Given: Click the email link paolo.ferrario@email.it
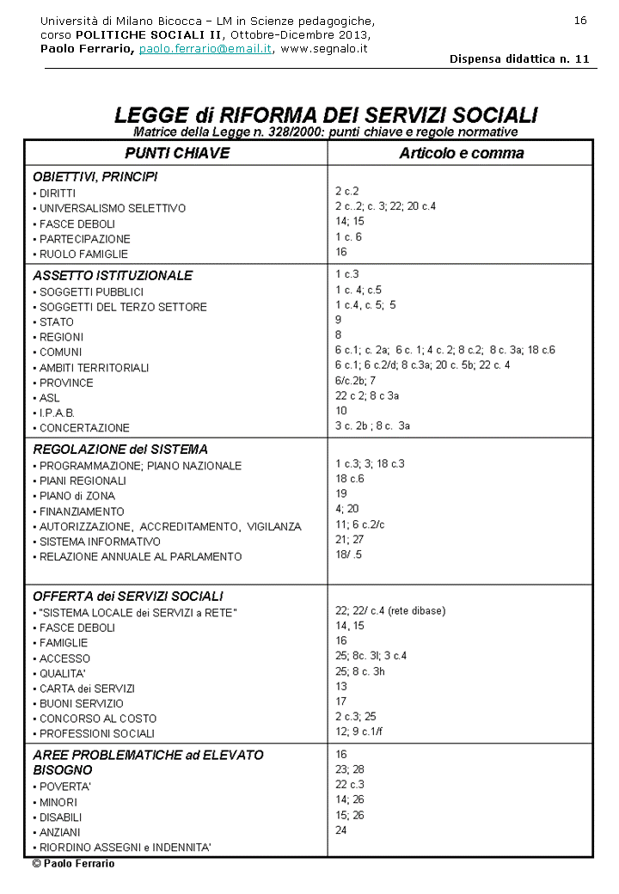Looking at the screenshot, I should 205,49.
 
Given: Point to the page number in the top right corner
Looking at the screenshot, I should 580,21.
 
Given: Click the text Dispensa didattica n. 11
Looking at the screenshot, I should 519,59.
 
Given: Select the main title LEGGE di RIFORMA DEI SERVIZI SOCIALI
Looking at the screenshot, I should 326,115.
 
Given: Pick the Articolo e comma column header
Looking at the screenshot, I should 461,153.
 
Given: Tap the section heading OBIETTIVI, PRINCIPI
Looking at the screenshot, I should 95,177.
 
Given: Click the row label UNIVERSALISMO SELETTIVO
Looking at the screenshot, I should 112,209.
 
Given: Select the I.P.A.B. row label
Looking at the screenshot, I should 57,413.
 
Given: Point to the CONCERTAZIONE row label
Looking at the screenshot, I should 84,428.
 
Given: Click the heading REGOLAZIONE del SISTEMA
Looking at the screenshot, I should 120,450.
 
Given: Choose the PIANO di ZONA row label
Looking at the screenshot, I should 77,496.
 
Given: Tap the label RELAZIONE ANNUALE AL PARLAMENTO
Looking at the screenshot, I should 140,557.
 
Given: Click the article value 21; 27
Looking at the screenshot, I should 349,541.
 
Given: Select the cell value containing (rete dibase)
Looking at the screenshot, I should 390,611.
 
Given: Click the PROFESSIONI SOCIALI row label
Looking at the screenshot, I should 97,734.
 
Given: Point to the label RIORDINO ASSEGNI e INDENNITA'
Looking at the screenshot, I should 125,848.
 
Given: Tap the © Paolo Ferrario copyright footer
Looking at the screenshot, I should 73,864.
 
